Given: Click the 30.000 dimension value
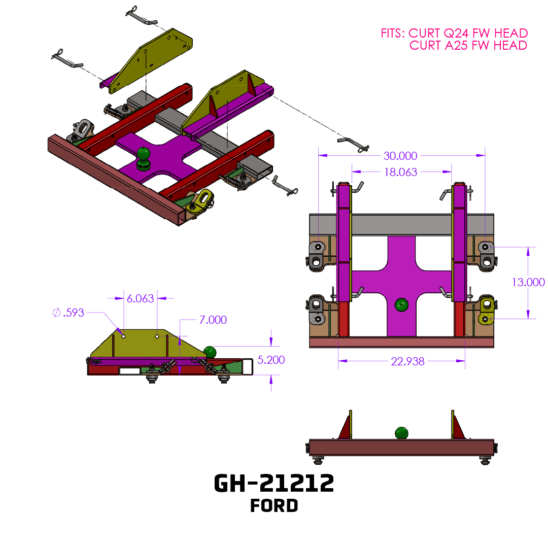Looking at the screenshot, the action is [x=400, y=156].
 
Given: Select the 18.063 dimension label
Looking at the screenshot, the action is [x=400, y=172].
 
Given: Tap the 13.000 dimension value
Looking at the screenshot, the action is [x=528, y=282].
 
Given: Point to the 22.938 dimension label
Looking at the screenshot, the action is [x=407, y=361].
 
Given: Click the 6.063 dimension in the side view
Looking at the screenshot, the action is [x=140, y=298].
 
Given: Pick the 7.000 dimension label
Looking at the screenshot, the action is [x=213, y=320].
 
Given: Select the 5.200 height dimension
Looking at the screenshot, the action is [x=271, y=360].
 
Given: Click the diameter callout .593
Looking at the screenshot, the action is [x=68, y=313].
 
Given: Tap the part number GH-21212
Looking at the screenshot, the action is [x=274, y=484].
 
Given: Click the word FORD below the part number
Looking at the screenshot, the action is [x=274, y=506].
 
